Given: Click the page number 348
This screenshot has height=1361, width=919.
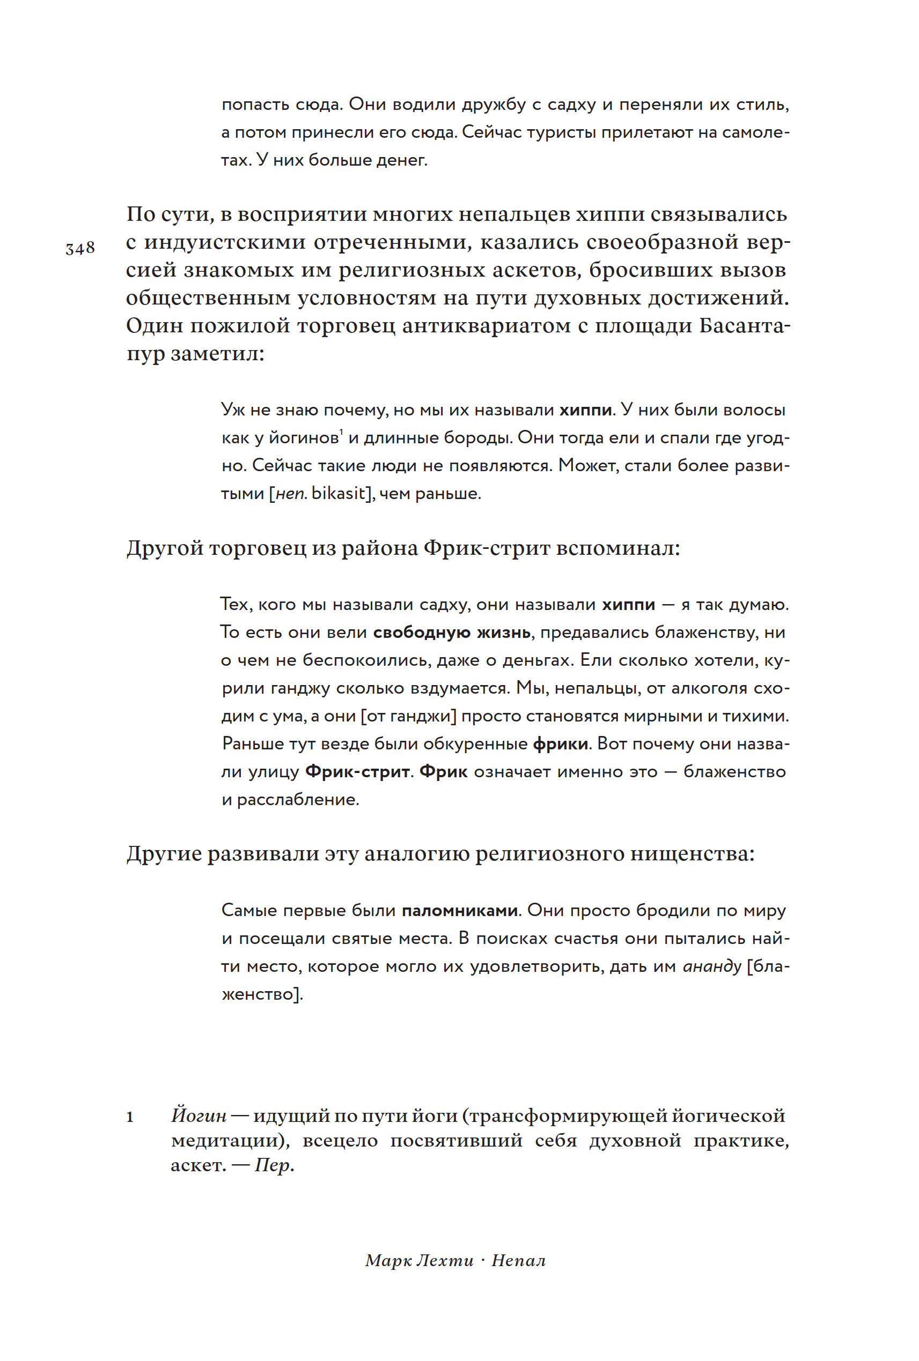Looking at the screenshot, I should click(x=80, y=248).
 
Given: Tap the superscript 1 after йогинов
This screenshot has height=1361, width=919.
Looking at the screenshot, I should click(x=341, y=433).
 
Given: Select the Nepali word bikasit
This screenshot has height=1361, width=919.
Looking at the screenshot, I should click(x=338, y=494).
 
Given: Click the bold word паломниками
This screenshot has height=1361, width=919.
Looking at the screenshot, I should click(x=459, y=911).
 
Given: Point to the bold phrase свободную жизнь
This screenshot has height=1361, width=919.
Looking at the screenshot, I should click(x=452, y=633).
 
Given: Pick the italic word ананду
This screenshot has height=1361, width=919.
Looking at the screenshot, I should click(x=712, y=966).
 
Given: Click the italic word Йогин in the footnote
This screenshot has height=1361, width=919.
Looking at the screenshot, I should click(x=198, y=1115).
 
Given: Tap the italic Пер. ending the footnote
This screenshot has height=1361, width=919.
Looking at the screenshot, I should click(x=274, y=1165).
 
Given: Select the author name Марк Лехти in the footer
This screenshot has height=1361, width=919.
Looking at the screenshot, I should click(x=419, y=1260).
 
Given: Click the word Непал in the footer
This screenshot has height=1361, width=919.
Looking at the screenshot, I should click(x=518, y=1260).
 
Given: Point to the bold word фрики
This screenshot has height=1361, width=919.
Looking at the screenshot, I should click(x=560, y=745).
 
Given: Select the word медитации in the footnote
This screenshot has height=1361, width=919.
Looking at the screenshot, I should click(x=226, y=1141).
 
